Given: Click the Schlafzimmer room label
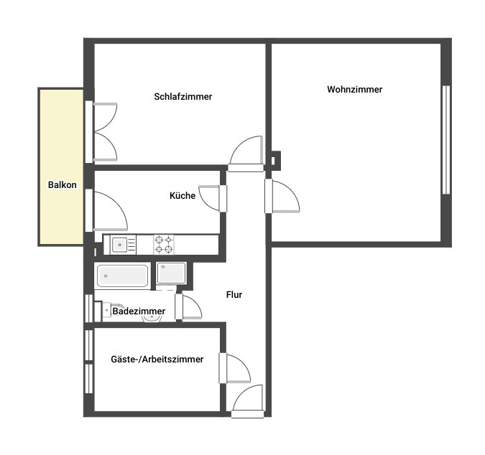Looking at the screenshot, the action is pos(183,97).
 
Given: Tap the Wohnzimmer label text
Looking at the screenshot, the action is pos(354,90).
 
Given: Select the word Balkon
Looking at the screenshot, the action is pos(63,184).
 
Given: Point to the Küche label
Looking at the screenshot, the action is pos(183,195).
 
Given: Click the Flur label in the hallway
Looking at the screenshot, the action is pos(234,295).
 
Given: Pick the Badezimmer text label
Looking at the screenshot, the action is pos(139,311).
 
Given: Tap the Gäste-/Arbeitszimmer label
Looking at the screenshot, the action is pos(157,360).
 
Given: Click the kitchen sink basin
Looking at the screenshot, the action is pos(119,245).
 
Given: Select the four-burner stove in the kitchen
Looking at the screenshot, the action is pos(164,245).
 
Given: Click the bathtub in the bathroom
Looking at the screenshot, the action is pos(122,276).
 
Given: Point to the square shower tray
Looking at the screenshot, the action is pos(171,273).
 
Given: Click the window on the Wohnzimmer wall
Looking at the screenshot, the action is pos(446,140).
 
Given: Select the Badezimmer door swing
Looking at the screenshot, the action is pos(188,306).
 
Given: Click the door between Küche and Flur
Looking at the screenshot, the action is pos(213,198).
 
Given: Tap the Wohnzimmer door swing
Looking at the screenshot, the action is pos(282,197).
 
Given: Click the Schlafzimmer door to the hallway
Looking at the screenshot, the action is pos(246,154).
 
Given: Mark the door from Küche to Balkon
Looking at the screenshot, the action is pos(107,211).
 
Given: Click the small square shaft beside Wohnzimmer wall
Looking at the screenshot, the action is pos(274,161).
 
